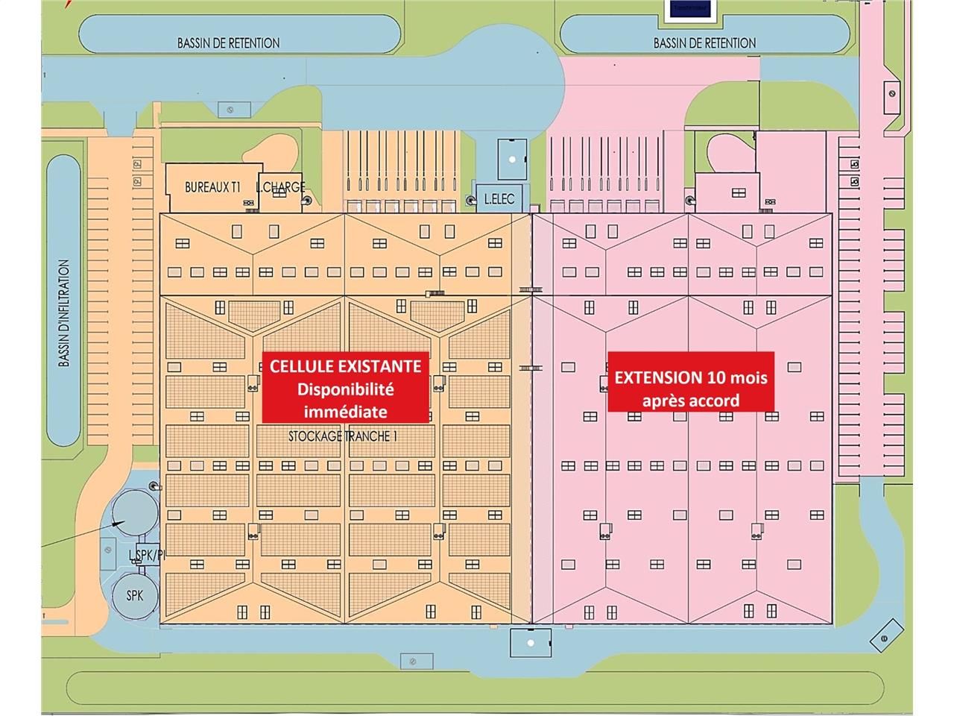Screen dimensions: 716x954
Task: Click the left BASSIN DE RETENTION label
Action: (228, 43)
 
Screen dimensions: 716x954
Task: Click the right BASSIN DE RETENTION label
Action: (704, 43)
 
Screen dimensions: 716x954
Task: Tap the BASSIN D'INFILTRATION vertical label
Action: (65, 313)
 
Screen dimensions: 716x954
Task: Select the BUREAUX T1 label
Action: (212, 188)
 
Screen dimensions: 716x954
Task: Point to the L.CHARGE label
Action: (280, 188)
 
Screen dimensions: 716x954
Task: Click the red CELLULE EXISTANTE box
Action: (345, 387)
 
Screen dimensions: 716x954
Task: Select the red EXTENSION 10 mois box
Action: (690, 381)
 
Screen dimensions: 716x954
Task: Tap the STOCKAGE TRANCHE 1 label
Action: (340, 436)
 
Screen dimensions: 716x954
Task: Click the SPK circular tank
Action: (135, 595)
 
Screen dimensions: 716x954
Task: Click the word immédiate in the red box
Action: (345, 411)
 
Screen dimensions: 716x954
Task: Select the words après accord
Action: (690, 401)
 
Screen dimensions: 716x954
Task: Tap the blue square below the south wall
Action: (530, 642)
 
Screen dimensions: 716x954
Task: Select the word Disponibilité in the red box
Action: (345, 389)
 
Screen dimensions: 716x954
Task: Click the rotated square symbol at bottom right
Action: (883, 638)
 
